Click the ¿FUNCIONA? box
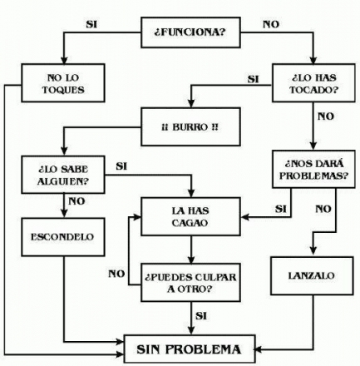coord(190,32)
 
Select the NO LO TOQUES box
coord(63,83)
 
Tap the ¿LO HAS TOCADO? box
coord(313,83)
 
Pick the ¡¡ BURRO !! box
coord(190,126)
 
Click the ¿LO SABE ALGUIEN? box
coord(63,175)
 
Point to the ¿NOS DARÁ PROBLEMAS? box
coord(313,169)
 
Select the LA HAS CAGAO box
coord(190,216)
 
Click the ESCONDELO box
coord(63,237)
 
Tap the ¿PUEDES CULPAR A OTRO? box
coord(190,282)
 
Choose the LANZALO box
coord(312,275)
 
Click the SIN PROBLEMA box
coord(190,349)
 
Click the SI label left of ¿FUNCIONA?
coord(91,24)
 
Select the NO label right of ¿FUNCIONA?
coord(271,24)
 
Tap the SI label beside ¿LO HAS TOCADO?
coord(253,79)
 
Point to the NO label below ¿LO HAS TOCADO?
coord(326,116)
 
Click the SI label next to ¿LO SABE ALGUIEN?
coord(121,166)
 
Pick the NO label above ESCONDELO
coord(76,201)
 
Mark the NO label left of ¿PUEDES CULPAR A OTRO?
coord(116,274)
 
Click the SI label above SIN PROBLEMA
coord(201,316)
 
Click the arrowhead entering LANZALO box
coord(313,251)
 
